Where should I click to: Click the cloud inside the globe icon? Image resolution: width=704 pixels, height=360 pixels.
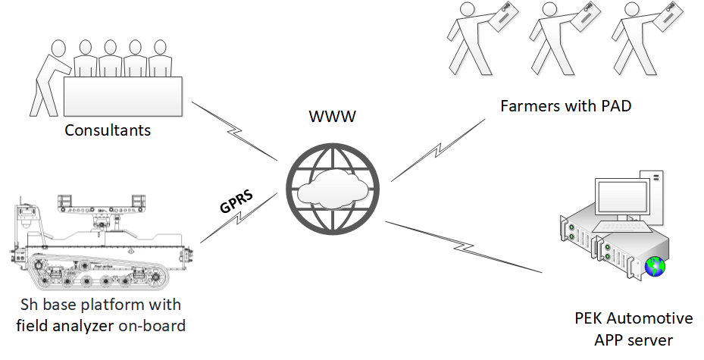point(332,192)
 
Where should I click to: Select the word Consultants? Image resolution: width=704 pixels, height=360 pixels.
point(108,130)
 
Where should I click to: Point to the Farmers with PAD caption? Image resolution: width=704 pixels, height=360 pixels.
point(566,105)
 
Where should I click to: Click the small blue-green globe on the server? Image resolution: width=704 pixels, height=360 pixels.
point(654,268)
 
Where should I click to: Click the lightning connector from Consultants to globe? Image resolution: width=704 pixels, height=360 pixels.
point(235,131)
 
